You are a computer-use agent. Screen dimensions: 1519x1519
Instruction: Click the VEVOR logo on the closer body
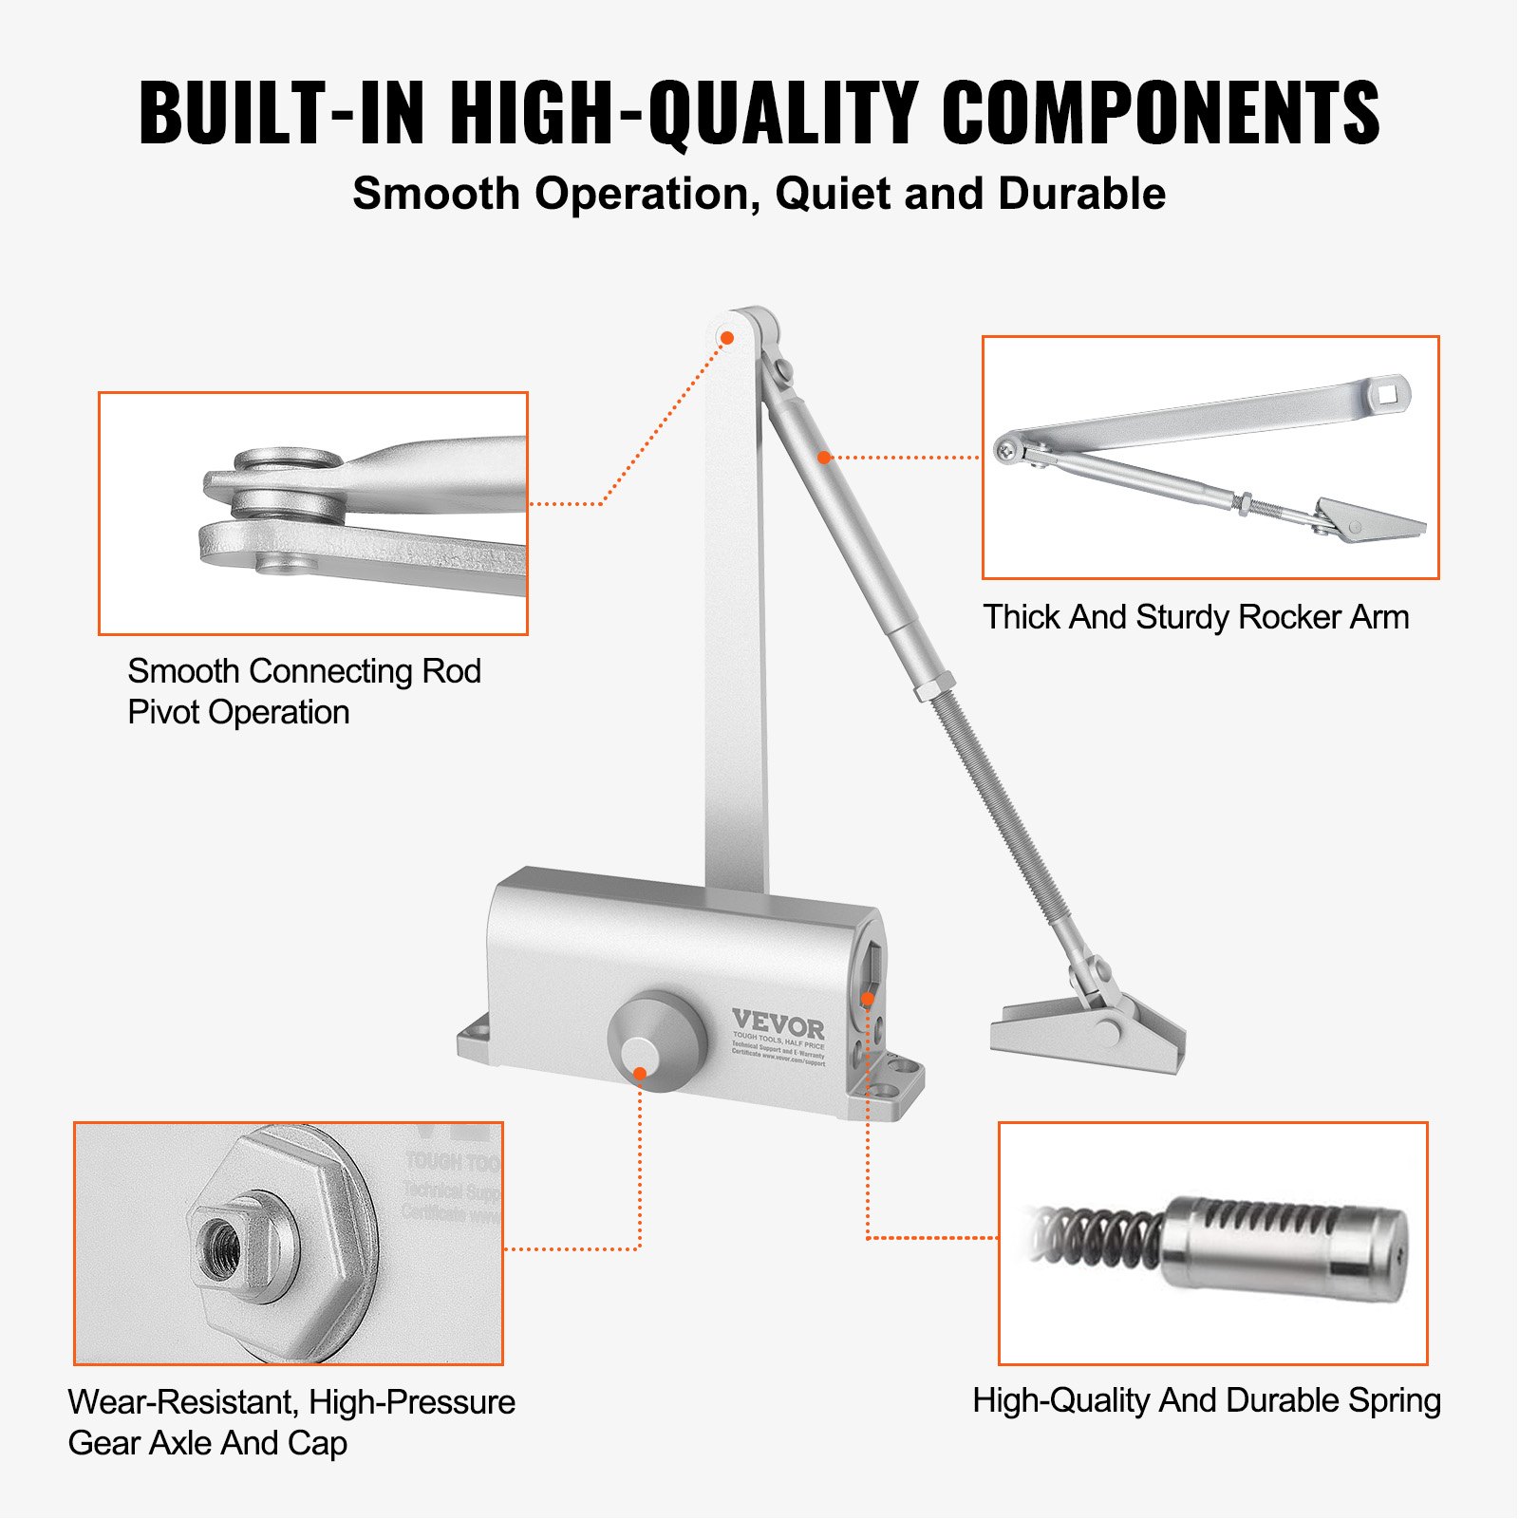pos(778,1024)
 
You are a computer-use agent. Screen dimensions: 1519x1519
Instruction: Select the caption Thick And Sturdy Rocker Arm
pos(1195,617)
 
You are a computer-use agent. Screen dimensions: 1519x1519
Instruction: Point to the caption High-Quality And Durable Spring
pos(1206,1400)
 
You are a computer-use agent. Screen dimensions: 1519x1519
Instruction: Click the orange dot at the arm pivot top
pos(727,337)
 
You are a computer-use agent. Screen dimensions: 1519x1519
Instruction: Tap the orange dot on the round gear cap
pos(640,1074)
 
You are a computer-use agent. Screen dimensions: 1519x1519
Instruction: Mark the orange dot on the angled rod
pos(824,458)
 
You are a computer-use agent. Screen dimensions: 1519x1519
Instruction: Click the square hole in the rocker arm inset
pos(1389,391)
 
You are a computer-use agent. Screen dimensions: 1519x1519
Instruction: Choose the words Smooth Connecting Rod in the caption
pos(304,671)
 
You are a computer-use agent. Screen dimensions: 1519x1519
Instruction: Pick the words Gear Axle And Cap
pos(207,1443)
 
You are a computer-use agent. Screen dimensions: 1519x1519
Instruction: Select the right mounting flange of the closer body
pos(893,1082)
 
